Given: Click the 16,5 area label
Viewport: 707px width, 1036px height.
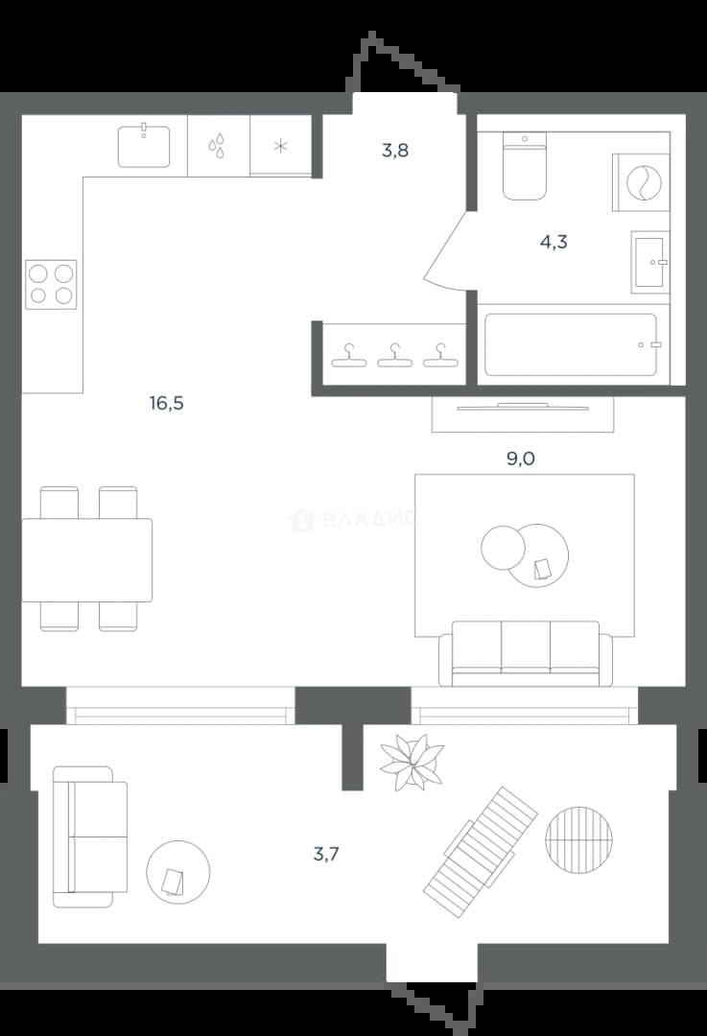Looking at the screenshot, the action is click(167, 402).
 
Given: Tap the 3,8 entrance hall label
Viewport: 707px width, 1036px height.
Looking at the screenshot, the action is click(395, 151).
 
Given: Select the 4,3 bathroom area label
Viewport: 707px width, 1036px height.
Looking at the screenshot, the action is click(554, 242).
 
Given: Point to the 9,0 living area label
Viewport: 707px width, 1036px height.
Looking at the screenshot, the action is click(521, 459).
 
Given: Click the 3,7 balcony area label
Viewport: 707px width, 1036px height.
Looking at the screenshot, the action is click(326, 854).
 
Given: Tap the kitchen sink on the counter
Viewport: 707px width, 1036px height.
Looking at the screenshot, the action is click(144, 146).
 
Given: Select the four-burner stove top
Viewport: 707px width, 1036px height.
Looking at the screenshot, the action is click(51, 285).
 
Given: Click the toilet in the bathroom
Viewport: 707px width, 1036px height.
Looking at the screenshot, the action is click(525, 166).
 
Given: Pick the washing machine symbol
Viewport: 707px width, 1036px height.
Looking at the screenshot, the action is click(641, 182).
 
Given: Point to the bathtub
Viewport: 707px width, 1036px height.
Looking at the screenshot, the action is click(571, 345).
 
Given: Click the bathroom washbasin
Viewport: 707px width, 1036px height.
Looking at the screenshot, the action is click(650, 262).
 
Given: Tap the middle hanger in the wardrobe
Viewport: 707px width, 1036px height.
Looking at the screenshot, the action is click(394, 356).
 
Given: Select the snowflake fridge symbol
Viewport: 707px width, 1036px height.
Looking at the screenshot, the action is click(281, 146).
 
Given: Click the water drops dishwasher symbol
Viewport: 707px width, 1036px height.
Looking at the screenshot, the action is click(217, 146).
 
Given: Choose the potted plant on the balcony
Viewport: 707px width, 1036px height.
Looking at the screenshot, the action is click(412, 762).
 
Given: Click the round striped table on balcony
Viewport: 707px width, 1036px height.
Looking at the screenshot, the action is click(578, 839).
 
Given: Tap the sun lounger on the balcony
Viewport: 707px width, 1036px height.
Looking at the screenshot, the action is click(481, 853).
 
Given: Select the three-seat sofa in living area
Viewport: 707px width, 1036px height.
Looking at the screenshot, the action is click(526, 653).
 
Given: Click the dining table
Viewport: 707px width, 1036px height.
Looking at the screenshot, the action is click(87, 560).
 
